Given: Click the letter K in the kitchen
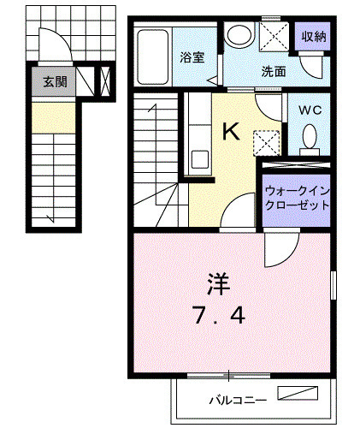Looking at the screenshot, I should [231, 131].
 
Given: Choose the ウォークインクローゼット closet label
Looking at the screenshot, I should [298, 199].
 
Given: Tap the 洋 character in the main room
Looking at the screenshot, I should [218, 282].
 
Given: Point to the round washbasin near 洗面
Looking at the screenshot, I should [239, 35].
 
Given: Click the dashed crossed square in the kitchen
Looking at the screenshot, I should [267, 141].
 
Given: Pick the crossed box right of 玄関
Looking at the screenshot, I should [104, 83].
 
